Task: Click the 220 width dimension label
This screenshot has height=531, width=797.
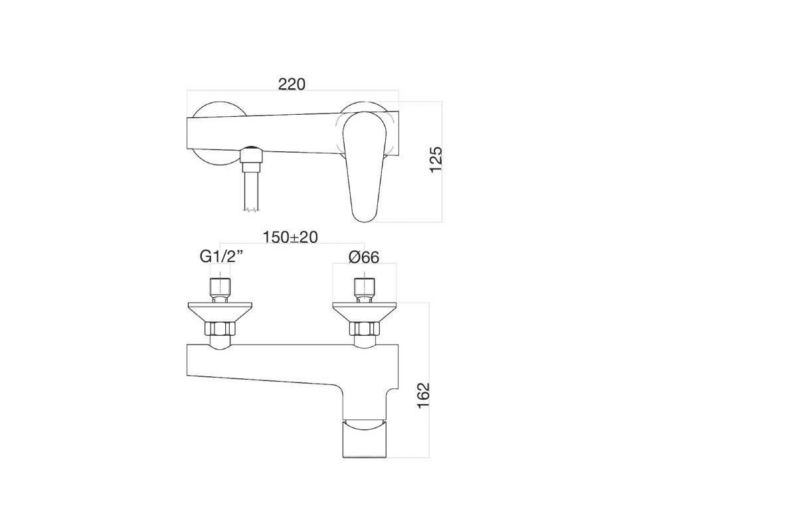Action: coord(292,84)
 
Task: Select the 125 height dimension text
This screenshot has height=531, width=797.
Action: coord(436,160)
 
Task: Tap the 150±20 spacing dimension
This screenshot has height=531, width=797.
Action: coord(290,237)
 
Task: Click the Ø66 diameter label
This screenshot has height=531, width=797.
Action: coord(364,257)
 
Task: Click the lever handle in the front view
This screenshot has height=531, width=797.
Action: coord(365,167)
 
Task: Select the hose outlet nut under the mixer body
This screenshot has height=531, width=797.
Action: coord(251,157)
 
